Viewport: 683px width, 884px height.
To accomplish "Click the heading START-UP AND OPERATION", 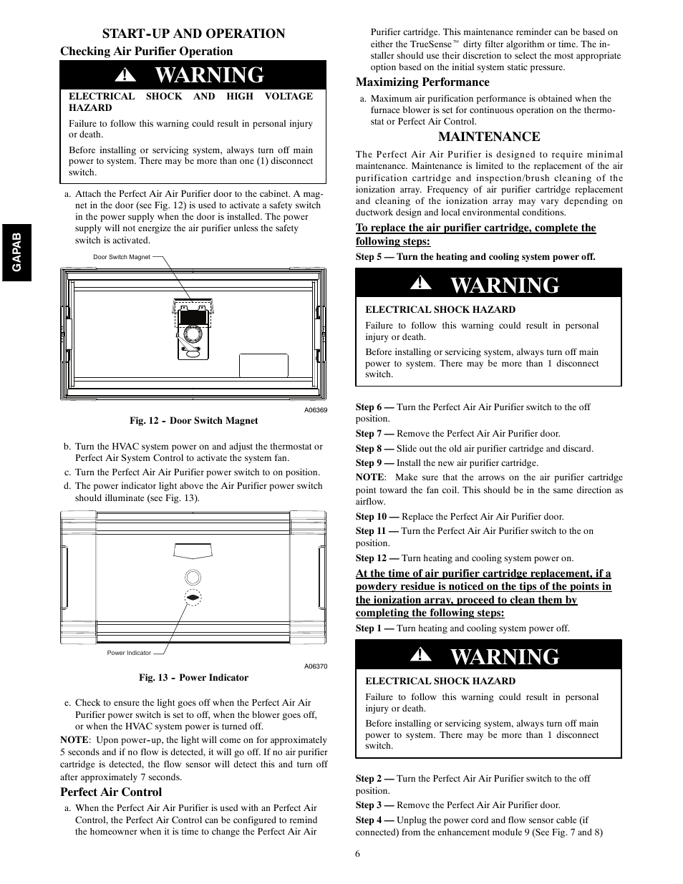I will click(x=193, y=34).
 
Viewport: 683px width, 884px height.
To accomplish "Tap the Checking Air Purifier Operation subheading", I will click(x=146, y=52).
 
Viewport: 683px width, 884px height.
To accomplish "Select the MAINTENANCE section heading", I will click(x=489, y=137).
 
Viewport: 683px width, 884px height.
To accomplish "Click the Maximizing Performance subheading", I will click(x=422, y=82).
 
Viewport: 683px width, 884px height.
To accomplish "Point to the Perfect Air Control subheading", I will click(x=111, y=792).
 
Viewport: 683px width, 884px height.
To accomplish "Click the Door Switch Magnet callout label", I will click(x=122, y=257).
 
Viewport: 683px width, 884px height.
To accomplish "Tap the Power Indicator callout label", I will click(x=129, y=653).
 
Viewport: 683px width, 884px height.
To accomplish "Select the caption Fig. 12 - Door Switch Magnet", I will click(x=193, y=421).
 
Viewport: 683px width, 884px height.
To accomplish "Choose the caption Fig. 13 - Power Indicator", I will click(x=193, y=678).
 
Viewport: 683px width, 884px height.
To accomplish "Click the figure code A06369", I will click(x=315, y=410).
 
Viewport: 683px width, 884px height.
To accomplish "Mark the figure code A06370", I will click(x=315, y=666).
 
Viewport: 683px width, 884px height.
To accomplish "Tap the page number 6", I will click(x=357, y=853).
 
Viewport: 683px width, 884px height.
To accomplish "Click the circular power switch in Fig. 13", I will click(x=193, y=578).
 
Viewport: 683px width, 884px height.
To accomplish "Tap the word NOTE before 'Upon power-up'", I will click(x=74, y=740).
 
